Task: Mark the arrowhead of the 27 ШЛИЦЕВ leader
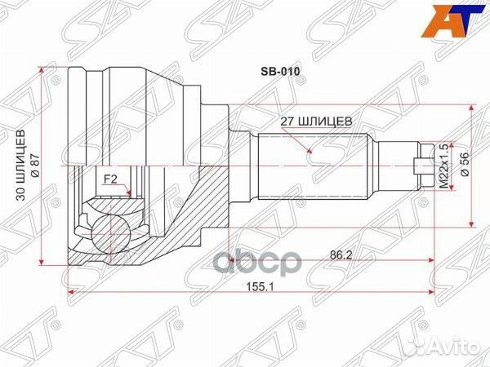point(310,153)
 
